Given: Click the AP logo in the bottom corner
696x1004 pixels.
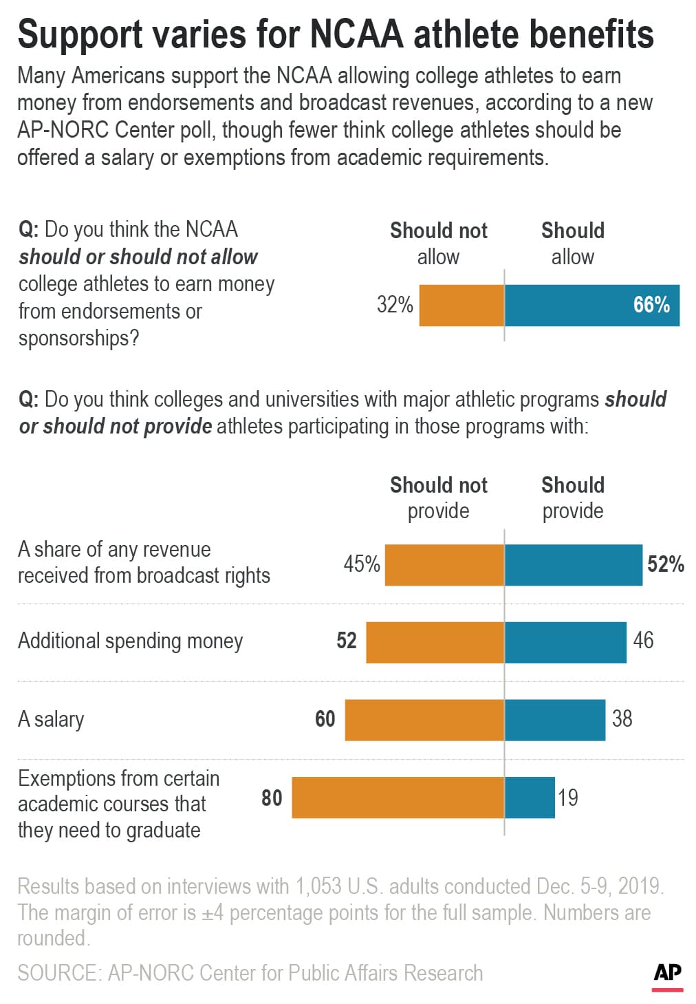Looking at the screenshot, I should pyautogui.click(x=667, y=973).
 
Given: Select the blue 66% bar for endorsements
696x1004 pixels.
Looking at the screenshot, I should pyautogui.click(x=591, y=305).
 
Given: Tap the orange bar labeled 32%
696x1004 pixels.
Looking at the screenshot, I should pyautogui.click(x=461, y=305).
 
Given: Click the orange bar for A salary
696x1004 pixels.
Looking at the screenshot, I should pyautogui.click(x=424, y=720).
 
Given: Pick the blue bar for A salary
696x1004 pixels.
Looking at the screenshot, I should pyautogui.click(x=555, y=720).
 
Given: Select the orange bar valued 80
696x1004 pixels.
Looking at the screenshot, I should pyautogui.click(x=398, y=798).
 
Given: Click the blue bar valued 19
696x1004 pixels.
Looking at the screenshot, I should pyautogui.click(x=530, y=798).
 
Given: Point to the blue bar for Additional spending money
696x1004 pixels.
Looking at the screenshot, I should pyautogui.click(x=565, y=642).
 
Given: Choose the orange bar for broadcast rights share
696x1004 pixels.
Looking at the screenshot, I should pyautogui.click(x=444, y=565).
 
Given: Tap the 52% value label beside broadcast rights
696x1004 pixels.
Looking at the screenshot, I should pyautogui.click(x=665, y=564).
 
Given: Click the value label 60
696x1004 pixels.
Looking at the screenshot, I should pyautogui.click(x=325, y=719).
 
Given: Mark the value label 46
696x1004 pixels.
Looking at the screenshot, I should pyautogui.click(x=643, y=641).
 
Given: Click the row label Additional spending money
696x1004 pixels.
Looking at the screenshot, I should pyautogui.click(x=130, y=641).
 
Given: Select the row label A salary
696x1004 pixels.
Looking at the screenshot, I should pyautogui.click(x=51, y=719).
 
